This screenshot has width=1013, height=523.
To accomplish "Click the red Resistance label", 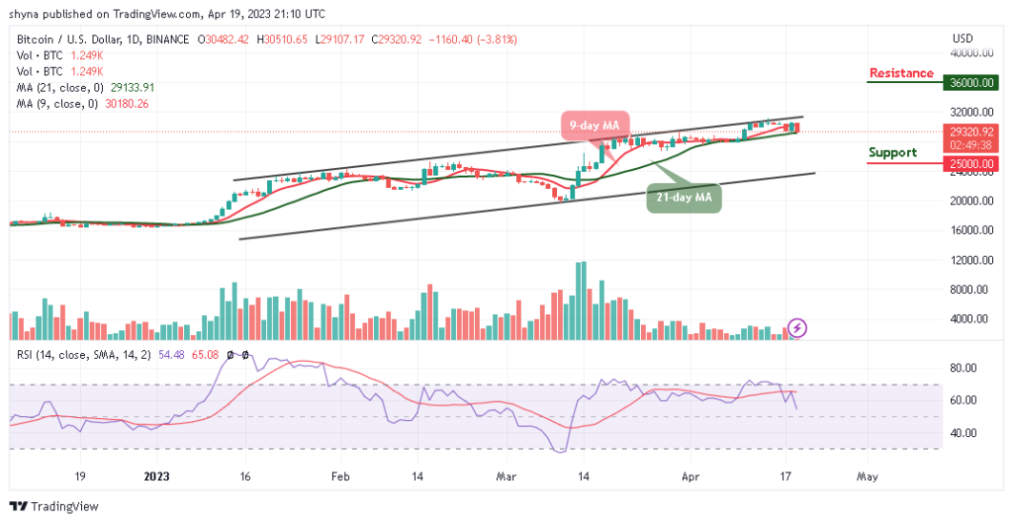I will (900, 73).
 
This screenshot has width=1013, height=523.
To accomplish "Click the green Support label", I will (892, 152).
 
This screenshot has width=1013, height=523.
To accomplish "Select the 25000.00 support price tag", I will (967, 163).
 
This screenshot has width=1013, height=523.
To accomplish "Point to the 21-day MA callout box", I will (685, 198).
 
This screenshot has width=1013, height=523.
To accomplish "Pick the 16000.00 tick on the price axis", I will (967, 230).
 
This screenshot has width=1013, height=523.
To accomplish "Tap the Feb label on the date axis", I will (339, 476).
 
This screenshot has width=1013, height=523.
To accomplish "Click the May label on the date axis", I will (867, 476).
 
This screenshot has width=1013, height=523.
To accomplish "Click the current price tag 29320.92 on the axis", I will (967, 130).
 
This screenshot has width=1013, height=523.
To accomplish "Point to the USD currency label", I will (963, 39).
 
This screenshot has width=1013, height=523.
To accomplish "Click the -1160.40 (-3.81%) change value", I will (474, 40).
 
